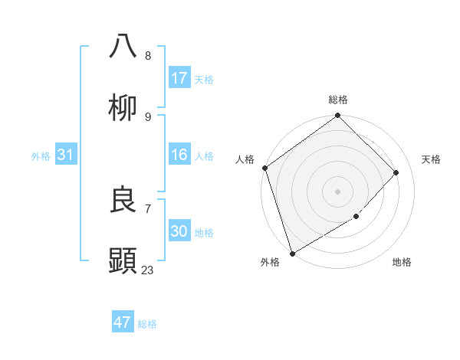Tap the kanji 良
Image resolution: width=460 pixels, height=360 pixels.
click(123, 201)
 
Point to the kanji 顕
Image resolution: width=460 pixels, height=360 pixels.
click(123, 261)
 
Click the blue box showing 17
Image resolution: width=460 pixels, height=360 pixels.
click(179, 77)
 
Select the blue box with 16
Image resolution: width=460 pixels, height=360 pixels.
click(179, 155)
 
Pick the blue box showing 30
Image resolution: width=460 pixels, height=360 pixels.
click(179, 231)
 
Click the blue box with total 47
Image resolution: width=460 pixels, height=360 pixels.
click(123, 322)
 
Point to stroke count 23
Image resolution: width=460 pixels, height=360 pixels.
click(147, 270)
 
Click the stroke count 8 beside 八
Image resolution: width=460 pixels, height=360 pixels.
click(147, 55)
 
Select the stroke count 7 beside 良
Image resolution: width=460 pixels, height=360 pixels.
click(147, 208)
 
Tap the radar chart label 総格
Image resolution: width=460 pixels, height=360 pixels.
click(338, 100)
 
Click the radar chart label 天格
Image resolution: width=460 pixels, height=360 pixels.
click(431, 159)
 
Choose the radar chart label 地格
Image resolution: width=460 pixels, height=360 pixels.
click(402, 262)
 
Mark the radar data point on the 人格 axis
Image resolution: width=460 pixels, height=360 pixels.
click(264, 168)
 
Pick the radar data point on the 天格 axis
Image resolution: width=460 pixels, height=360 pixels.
click(396, 172)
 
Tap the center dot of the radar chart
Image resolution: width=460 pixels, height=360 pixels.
click(337, 191)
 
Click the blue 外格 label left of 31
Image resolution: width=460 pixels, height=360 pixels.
click(41, 155)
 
